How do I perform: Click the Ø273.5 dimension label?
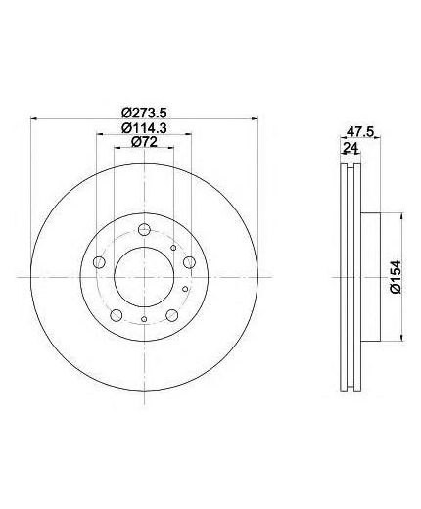pos(144,113)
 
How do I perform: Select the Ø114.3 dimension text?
pos(144,128)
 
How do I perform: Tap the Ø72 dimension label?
pos(144,142)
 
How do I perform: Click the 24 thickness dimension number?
pos(349,148)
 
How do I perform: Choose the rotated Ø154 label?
pos(396,277)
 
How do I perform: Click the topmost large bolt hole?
pos(144,229)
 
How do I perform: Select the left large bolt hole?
pos(99,262)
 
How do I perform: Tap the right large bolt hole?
pos(189,262)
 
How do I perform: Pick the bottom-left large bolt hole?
pos(117,315)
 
